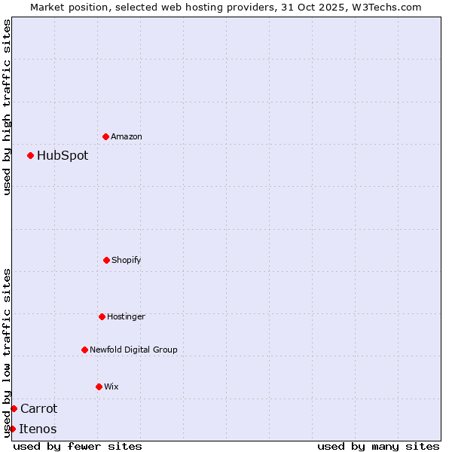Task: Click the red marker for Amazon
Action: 105,136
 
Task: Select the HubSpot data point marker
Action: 30,156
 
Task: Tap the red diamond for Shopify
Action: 106,260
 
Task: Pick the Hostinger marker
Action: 102,316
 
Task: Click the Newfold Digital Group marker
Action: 84,350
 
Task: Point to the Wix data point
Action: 99,386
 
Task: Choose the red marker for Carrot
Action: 14,408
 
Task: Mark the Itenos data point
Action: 12,429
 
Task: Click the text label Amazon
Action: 127,136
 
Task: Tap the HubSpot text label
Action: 63,156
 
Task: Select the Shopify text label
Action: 127,260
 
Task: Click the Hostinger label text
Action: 126,316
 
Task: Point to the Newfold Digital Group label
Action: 133,350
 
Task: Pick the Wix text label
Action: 111,386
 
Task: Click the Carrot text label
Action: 38,408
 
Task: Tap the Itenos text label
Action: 38,429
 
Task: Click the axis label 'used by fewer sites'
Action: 78,446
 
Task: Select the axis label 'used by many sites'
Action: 378,446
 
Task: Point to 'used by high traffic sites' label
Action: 7,107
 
